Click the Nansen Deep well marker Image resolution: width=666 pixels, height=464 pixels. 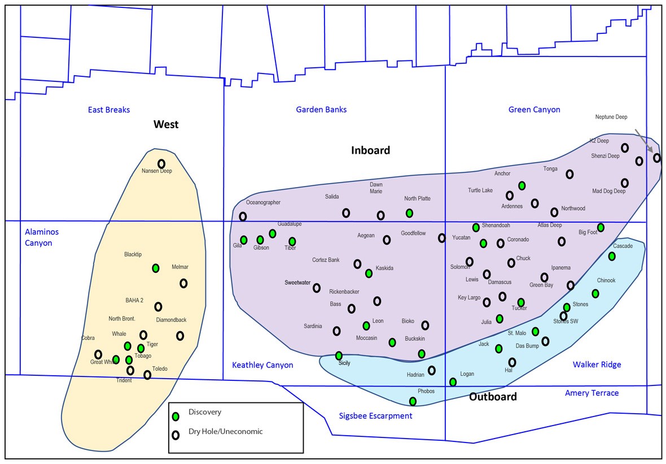161,164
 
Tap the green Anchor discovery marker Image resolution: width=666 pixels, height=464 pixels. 522,185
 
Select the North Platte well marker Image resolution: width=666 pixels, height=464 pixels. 409,213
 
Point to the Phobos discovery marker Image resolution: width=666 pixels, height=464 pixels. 413,401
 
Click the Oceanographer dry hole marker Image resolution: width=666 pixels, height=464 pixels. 243,216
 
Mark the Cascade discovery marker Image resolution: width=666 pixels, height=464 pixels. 612,256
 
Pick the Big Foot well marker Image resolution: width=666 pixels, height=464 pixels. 601,227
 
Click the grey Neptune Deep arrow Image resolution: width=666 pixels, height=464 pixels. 643,141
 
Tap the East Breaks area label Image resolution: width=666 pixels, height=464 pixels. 109,110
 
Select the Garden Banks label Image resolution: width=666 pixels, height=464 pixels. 321,110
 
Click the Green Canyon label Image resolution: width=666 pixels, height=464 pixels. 534,110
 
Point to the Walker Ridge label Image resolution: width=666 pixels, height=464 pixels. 597,365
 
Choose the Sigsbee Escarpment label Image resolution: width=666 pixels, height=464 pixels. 375,416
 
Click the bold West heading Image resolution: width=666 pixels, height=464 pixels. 166,124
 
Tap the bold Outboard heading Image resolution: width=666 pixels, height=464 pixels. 493,397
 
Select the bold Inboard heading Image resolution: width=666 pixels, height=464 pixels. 370,150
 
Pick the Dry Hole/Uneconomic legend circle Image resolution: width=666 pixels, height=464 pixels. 176,435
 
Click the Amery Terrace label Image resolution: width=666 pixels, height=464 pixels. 591,393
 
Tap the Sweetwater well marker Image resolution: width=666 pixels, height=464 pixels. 317,288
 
